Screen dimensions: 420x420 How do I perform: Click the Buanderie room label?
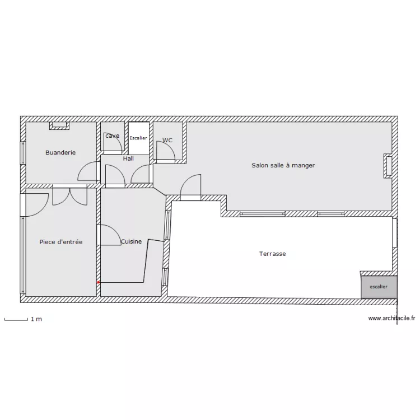pyautogui.click(x=60, y=152)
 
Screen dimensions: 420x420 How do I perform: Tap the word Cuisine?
pyautogui.click(x=131, y=242)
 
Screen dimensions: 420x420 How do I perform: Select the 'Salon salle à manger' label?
pyautogui.click(x=283, y=165)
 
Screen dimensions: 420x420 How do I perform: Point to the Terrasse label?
pyautogui.click(x=272, y=254)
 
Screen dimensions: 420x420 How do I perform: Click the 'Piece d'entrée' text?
pyautogui.click(x=61, y=242)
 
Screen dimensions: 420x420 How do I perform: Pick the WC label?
pyautogui.click(x=167, y=140)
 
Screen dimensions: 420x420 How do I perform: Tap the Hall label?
pyautogui.click(x=128, y=158)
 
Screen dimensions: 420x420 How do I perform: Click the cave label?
pyautogui.click(x=112, y=136)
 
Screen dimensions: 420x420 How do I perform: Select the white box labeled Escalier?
pyautogui.click(x=138, y=138)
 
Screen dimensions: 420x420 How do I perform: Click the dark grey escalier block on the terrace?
pyautogui.click(x=379, y=286)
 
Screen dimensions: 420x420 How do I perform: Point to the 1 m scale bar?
pyautogui.click(x=16, y=320)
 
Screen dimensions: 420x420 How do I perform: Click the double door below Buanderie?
pyautogui.click(x=70, y=195)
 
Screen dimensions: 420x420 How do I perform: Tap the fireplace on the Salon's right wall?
pyautogui.click(x=387, y=166)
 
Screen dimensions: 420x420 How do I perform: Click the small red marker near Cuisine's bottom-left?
pyautogui.click(x=99, y=282)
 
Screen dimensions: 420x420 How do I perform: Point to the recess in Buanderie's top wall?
pyautogui.click(x=59, y=125)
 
